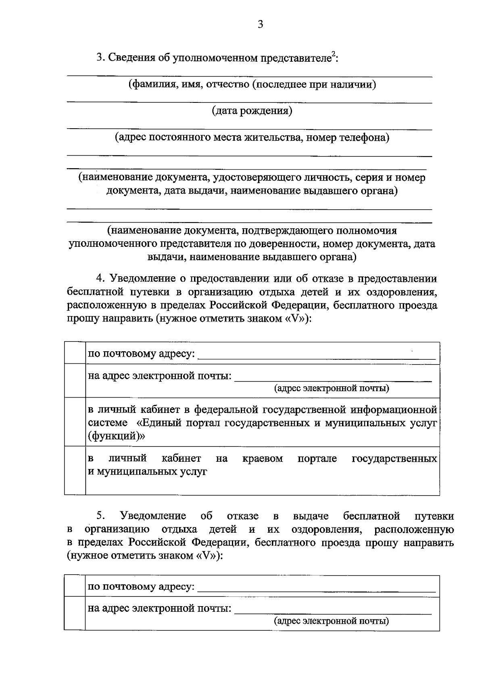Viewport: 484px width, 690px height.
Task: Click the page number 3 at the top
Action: [260, 25]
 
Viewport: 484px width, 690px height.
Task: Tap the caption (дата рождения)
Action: [252, 111]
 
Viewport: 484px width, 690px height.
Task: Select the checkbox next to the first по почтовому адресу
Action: [75, 353]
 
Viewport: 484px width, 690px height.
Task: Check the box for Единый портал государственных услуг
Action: [75, 422]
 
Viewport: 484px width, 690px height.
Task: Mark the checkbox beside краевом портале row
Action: [75, 470]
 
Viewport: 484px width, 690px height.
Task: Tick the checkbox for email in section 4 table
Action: [75, 381]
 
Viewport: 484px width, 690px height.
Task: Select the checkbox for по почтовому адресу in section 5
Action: [75, 586]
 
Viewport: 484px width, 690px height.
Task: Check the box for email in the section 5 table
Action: [75, 613]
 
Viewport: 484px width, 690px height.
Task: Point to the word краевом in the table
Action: [263, 459]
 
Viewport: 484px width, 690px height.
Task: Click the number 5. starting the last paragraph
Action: [101, 516]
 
